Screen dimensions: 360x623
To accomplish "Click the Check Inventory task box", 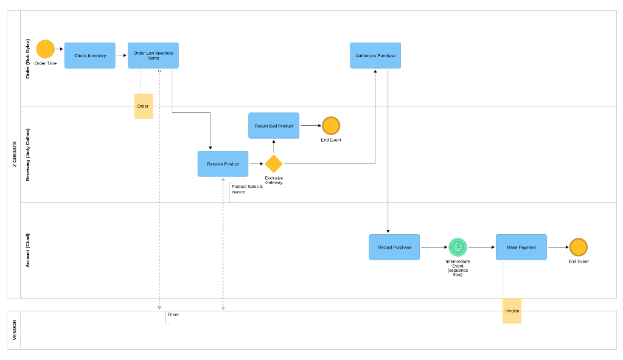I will point(90,55).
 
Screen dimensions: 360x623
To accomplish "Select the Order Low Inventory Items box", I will point(153,55).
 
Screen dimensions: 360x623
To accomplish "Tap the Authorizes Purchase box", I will point(375,55).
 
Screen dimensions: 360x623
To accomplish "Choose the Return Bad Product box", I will point(274,126).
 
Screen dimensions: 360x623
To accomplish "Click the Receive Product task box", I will point(223,164).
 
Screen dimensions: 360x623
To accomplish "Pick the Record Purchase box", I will point(394,247).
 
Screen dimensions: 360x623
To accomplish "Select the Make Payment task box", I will point(521,247).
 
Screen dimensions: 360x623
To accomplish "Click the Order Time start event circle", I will point(46,49).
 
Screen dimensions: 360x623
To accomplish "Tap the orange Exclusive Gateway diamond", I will point(274,164).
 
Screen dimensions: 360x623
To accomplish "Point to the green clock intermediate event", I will point(458,247).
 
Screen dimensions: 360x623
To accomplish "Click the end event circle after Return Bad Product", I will point(331,126).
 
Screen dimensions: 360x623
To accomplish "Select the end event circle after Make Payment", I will point(579,247).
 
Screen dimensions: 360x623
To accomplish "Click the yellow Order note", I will point(144,106).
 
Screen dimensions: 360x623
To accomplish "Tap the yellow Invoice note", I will point(512,311).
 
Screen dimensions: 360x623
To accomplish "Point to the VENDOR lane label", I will point(14,330).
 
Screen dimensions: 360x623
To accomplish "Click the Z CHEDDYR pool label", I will point(14,154).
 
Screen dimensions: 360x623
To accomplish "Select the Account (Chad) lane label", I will point(27,250).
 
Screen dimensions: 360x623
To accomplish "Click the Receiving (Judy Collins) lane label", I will point(27,154).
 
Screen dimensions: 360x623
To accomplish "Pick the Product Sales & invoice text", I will point(247,189).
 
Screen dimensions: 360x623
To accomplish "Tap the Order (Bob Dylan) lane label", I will point(27,59).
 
